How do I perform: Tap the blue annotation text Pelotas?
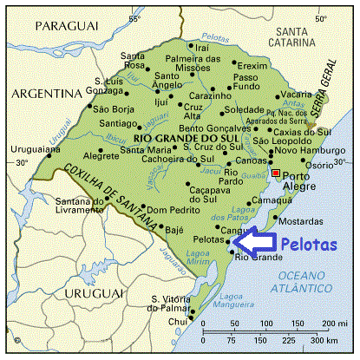click(x=309, y=245)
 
